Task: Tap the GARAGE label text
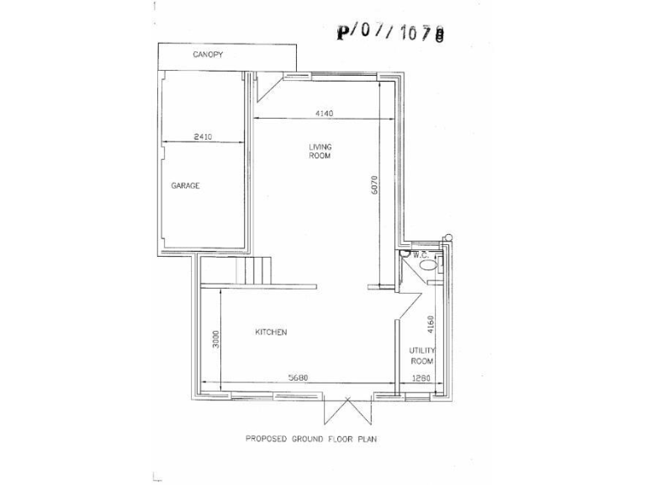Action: coord(185,185)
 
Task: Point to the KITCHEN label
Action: coord(271,332)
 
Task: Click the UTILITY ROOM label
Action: coord(421,354)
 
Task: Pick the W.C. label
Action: coord(421,253)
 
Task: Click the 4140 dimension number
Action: coord(326,112)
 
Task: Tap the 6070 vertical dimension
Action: coord(376,185)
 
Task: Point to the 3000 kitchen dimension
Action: coord(216,339)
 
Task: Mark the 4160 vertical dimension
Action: coord(431,325)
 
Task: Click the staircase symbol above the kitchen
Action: coord(255,269)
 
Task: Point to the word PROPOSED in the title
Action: coord(265,439)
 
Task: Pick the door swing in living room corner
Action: coord(267,83)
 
